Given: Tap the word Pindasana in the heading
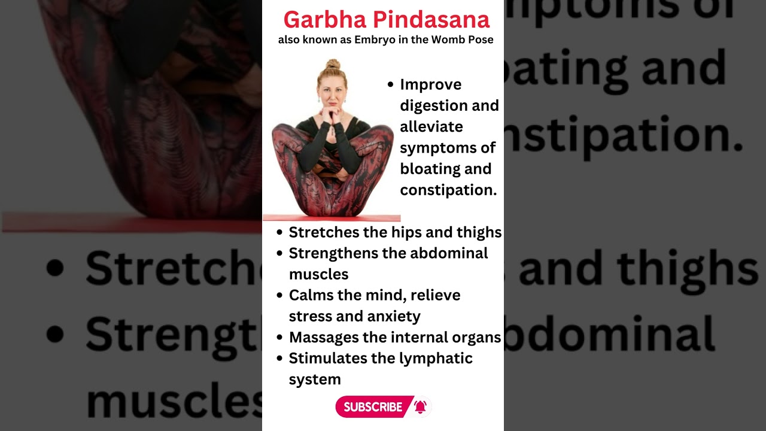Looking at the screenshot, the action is pyautogui.click(x=431, y=20).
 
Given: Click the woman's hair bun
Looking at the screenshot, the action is pyautogui.click(x=333, y=64).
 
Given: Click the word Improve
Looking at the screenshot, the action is pyautogui.click(x=430, y=85).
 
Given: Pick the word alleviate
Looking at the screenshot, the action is pyautogui.click(x=431, y=126).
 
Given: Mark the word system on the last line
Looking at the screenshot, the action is pyautogui.click(x=315, y=380).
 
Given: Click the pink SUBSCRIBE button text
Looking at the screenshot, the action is pyautogui.click(x=373, y=407).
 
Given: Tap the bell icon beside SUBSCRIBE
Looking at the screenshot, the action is pyautogui.click(x=420, y=407).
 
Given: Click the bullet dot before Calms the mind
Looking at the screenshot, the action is pyautogui.click(x=279, y=295).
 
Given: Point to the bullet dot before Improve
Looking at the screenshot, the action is pyautogui.click(x=391, y=85).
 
